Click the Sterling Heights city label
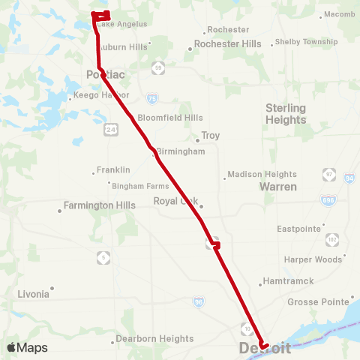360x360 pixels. [x=286, y=113]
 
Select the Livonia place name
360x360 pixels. [x=34, y=294]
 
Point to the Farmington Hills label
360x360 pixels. [x=100, y=205]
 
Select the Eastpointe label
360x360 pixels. [x=299, y=229]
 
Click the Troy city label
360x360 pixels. [x=210, y=136]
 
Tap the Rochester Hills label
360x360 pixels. [x=228, y=44]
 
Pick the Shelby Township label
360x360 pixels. [x=307, y=42]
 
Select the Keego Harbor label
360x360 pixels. [x=103, y=95]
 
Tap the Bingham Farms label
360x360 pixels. [x=140, y=184]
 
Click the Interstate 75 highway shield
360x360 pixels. [x=152, y=97]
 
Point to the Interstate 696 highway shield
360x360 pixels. [x=331, y=202]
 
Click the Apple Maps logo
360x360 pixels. [x=27, y=347]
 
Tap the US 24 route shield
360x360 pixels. [x=110, y=130]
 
